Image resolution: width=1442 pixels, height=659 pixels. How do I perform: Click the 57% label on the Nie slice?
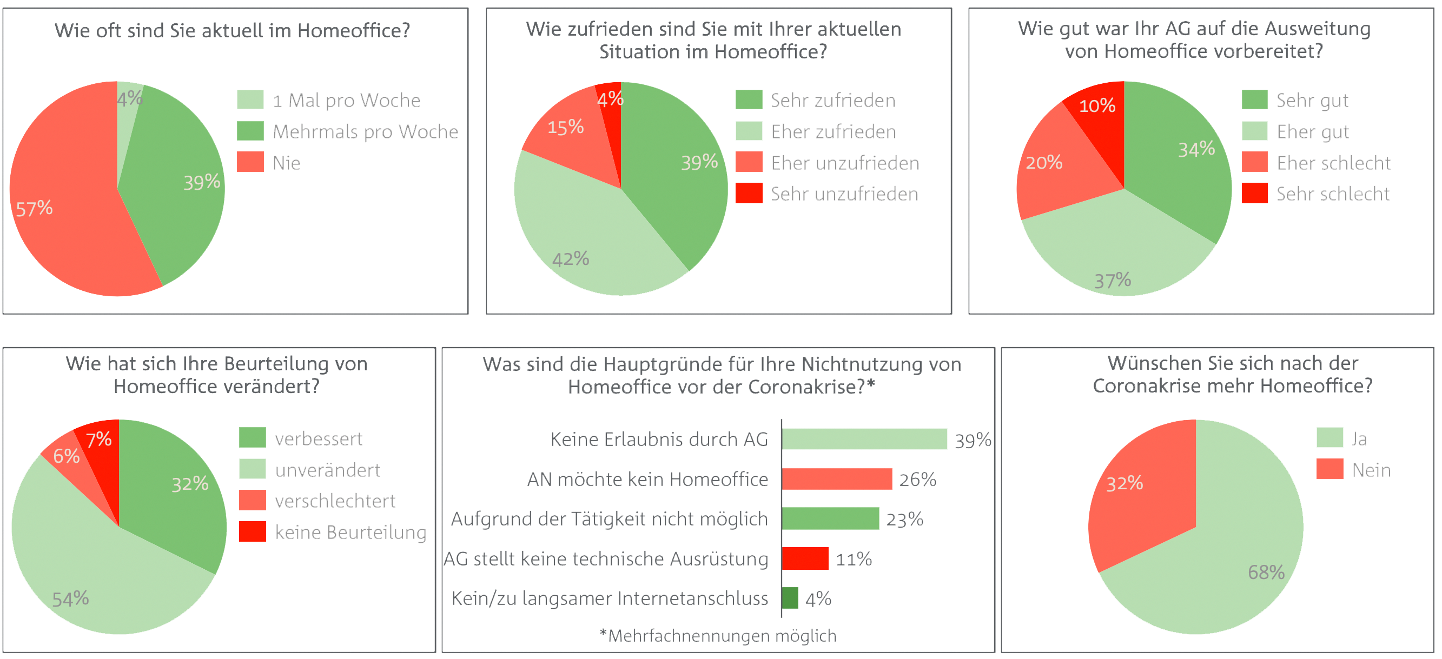pyautogui.click(x=34, y=209)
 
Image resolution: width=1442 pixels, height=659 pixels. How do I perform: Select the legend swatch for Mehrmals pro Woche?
pyautogui.click(x=250, y=131)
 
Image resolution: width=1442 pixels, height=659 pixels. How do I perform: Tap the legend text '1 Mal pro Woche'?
pyautogui.click(x=346, y=101)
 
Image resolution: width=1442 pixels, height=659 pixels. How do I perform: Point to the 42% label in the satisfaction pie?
pyautogui.click(x=571, y=259)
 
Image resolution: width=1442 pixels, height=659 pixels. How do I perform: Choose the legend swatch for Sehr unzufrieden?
pyautogui.click(x=749, y=194)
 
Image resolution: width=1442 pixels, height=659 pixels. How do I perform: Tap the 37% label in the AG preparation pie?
pyautogui.click(x=1112, y=280)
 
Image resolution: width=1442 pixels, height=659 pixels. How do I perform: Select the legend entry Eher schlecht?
pyautogui.click(x=1333, y=163)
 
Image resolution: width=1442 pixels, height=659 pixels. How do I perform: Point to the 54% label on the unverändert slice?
pyautogui.click(x=70, y=599)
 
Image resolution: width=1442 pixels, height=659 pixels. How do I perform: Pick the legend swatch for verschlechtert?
pyautogui.click(x=252, y=501)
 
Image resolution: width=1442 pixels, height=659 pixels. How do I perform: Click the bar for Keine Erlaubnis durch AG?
pyautogui.click(x=864, y=439)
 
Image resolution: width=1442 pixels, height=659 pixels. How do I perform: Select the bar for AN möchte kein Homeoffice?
pyautogui.click(x=837, y=480)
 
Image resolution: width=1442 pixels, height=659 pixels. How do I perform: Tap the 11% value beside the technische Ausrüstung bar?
pyautogui.click(x=853, y=560)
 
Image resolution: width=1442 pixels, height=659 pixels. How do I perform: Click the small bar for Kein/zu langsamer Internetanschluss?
pyautogui.click(x=790, y=598)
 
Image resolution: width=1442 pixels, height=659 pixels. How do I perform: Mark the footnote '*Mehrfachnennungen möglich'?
pyautogui.click(x=718, y=636)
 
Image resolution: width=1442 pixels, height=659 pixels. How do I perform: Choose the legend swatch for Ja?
pyautogui.click(x=1329, y=437)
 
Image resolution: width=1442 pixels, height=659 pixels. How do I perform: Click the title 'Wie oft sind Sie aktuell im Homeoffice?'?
pyautogui.click(x=232, y=30)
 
